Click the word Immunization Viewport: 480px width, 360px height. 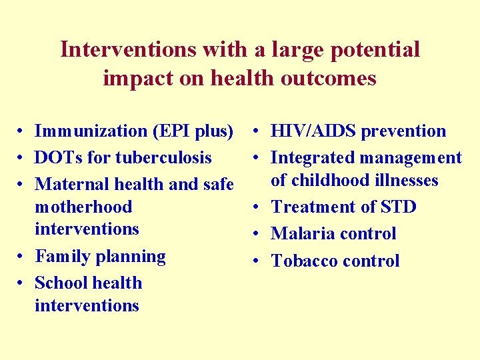(91, 131)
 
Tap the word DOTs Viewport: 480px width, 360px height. (58, 158)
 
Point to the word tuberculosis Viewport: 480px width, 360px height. (163, 158)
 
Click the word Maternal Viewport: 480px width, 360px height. (69, 184)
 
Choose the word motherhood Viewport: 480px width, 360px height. (83, 207)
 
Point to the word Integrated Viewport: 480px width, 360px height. (313, 158)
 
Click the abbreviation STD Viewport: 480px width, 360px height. (397, 207)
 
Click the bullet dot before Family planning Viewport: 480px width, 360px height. (22, 257)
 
